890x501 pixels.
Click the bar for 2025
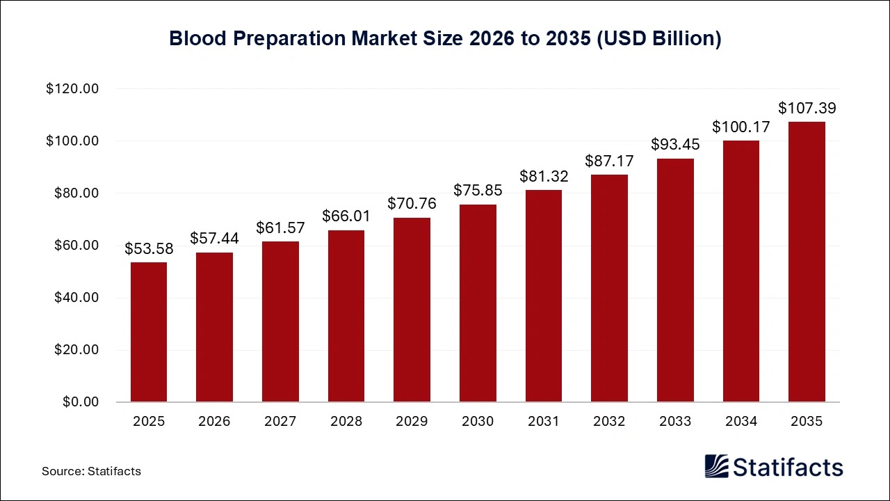point(148,332)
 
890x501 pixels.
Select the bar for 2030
point(478,303)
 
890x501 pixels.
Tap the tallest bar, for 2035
point(807,262)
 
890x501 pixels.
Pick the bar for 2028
point(346,316)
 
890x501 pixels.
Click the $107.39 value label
point(807,109)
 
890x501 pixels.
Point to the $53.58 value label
point(148,248)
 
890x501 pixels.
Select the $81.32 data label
point(544,177)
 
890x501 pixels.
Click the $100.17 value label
point(741,127)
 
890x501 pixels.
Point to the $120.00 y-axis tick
point(72,89)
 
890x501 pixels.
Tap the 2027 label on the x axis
point(280,422)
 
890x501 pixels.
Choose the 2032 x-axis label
point(609,422)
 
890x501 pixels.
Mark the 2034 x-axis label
point(741,422)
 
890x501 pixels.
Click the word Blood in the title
point(197,39)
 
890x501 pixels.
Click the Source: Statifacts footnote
point(91,471)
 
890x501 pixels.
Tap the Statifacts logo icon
point(717,466)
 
